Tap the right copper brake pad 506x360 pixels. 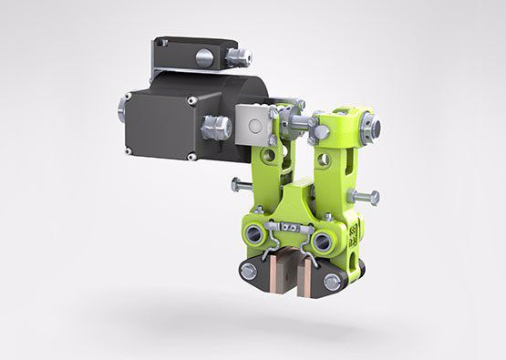[x=310, y=272]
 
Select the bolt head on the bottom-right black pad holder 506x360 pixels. [x=333, y=282]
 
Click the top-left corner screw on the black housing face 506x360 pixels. [x=131, y=94]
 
